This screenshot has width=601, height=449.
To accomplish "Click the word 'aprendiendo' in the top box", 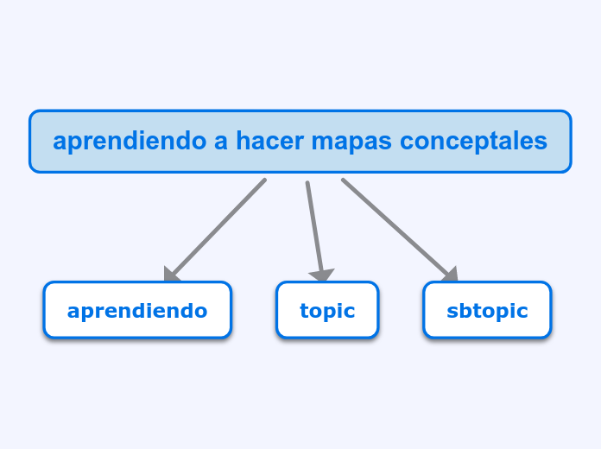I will coord(130,141).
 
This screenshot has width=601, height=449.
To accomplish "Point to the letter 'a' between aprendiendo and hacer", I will coord(221,142).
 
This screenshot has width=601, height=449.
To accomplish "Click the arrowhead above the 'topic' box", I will coord(322,275).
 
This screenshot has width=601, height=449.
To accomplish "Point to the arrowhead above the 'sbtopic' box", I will coord(449,274).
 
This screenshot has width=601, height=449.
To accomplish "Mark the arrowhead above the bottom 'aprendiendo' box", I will coord(172,274).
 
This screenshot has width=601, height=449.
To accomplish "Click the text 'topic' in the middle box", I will coord(327,311).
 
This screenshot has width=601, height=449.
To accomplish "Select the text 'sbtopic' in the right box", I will coord(487,311).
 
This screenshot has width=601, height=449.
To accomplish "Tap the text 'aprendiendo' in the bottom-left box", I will coord(137,311).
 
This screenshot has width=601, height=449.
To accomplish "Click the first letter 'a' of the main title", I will coord(60,142).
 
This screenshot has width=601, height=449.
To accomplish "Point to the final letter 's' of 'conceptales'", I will coord(541,142).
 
